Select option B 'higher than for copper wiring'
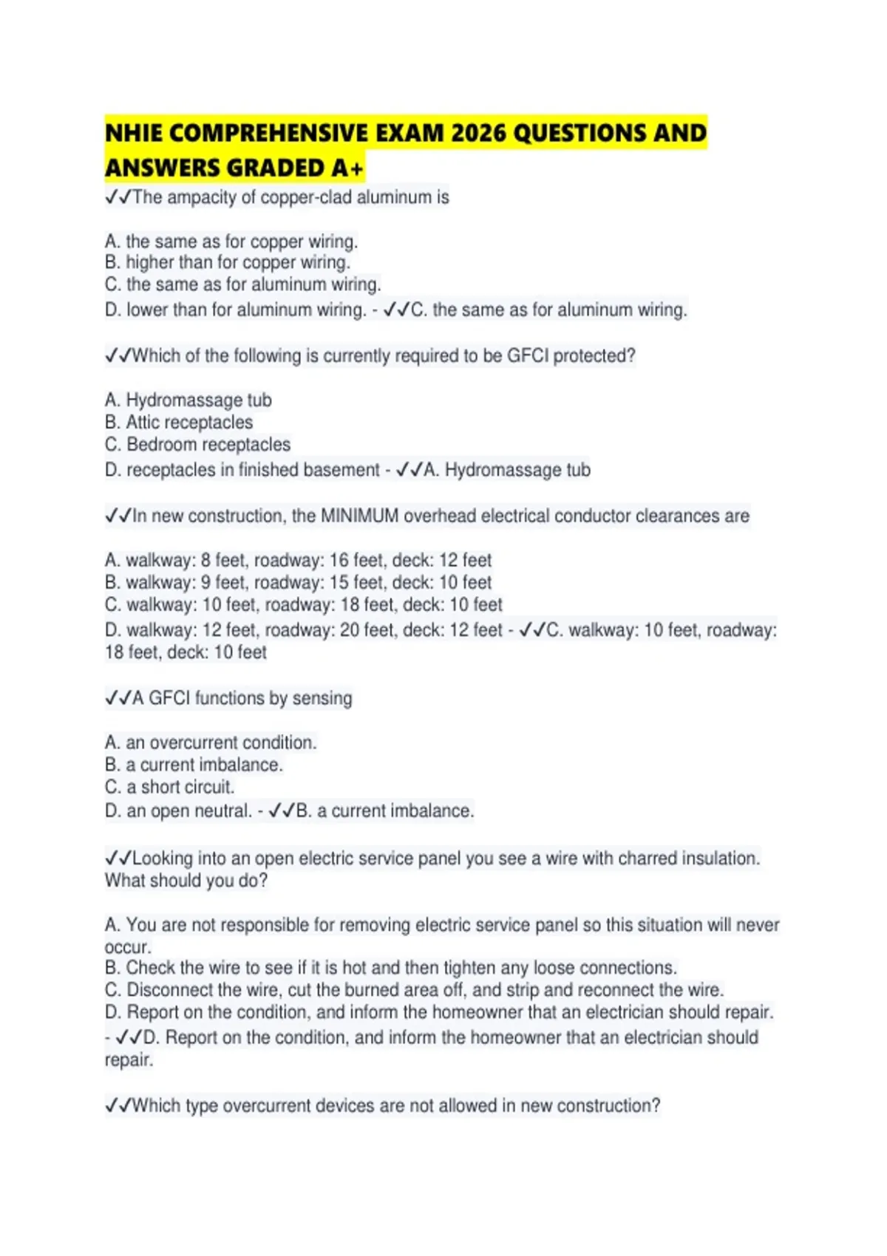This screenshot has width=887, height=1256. (x=228, y=262)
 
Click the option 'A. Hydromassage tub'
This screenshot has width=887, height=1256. (x=188, y=400)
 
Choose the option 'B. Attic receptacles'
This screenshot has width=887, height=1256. (x=179, y=422)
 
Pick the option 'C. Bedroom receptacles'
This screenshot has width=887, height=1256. (x=197, y=444)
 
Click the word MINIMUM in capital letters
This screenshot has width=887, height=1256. (x=359, y=516)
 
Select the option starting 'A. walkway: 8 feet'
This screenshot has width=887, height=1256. (x=298, y=560)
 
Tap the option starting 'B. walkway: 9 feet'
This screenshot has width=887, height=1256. (x=298, y=582)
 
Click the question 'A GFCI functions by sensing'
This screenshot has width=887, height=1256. (x=229, y=698)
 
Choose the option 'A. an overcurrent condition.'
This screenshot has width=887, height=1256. (x=211, y=743)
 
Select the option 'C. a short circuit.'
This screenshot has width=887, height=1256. (x=169, y=787)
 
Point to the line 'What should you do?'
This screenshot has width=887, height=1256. (x=186, y=881)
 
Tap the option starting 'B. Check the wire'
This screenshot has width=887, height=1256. (x=390, y=968)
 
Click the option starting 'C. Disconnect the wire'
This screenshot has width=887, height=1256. (x=414, y=990)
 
